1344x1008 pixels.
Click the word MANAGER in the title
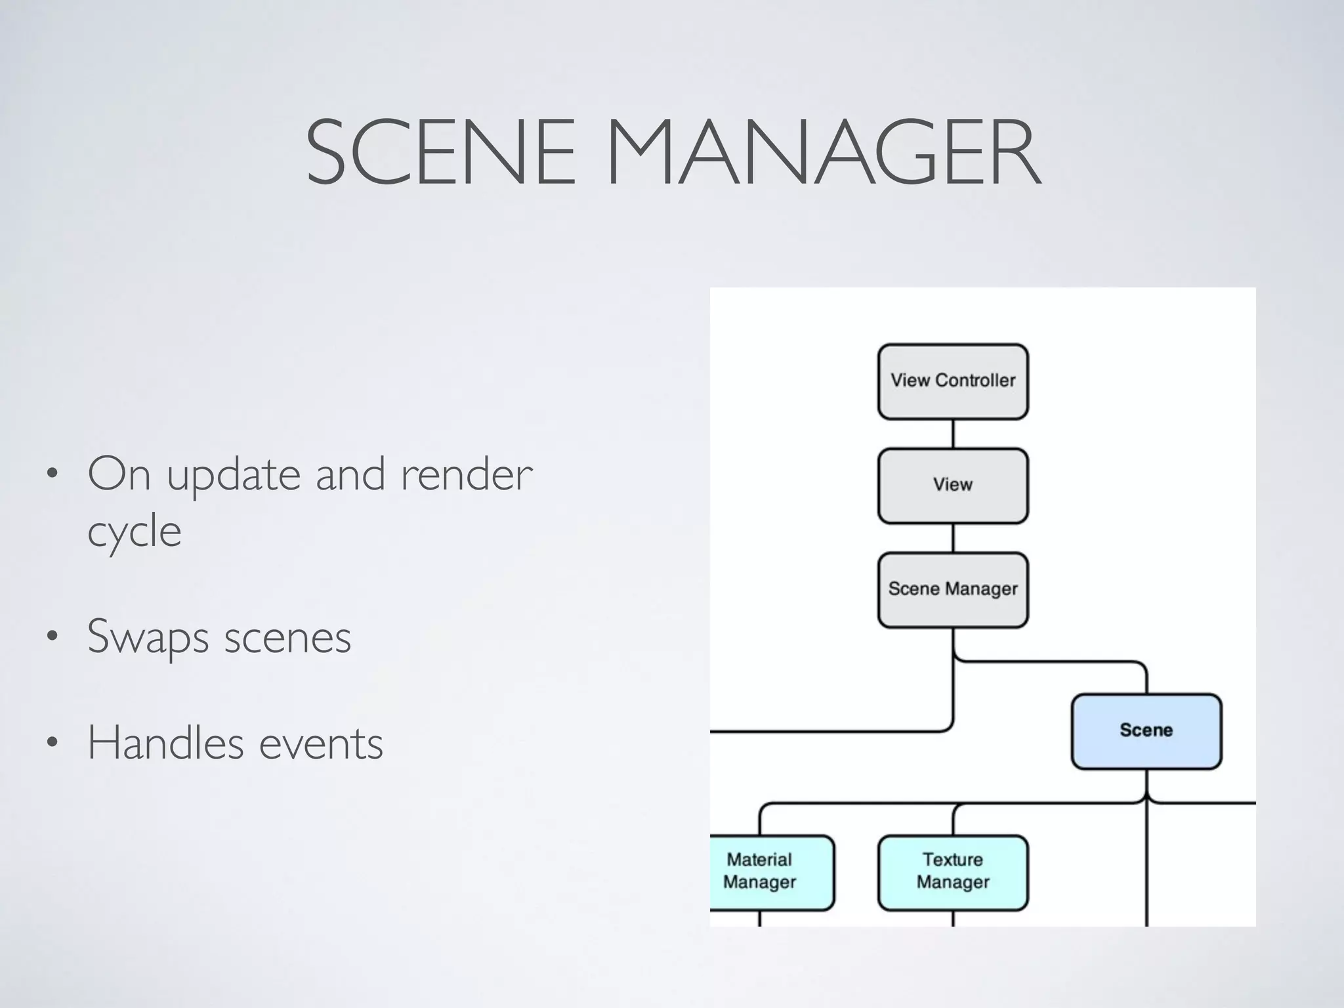click(824, 152)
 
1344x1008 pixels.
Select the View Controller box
click(953, 381)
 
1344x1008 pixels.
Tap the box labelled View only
click(953, 486)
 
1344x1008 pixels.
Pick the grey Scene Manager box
click(953, 589)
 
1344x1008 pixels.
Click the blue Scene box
click(1146, 731)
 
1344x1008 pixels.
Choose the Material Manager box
click(768, 872)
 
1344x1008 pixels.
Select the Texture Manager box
click(953, 872)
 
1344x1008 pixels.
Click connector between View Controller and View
click(953, 434)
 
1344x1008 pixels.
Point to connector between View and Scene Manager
click(953, 538)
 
